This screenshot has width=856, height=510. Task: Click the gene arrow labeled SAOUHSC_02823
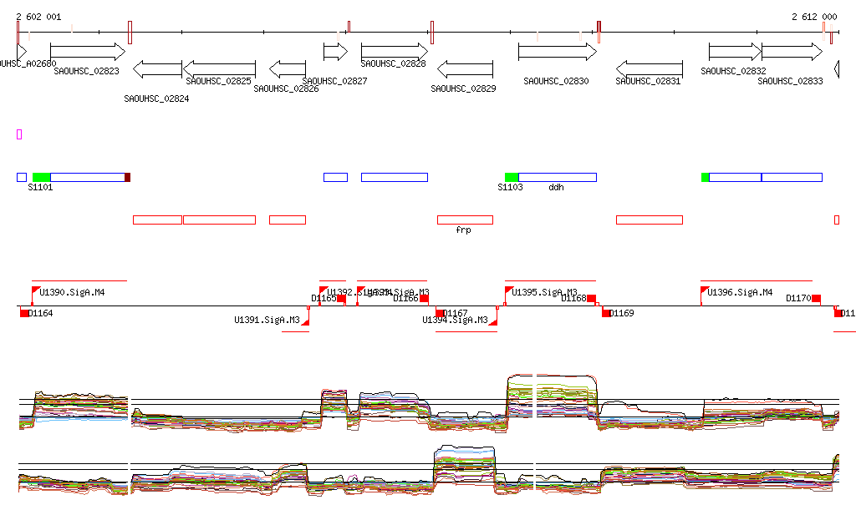tap(87, 52)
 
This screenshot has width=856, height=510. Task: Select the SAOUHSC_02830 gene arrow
tap(557, 52)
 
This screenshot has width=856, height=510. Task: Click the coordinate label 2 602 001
tap(38, 17)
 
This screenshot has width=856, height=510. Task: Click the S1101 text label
tap(41, 188)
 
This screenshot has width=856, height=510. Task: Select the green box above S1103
tap(512, 177)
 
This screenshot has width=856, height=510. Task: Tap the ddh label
tap(556, 188)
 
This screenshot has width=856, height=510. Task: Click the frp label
tap(463, 230)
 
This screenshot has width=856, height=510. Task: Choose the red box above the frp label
tap(465, 220)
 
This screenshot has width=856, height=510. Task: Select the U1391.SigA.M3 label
tap(267, 320)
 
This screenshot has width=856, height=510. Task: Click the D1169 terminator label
tap(622, 314)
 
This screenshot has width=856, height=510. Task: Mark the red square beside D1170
tap(816, 299)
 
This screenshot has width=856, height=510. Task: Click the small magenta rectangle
tap(19, 134)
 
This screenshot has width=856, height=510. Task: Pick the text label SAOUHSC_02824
tap(156, 98)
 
